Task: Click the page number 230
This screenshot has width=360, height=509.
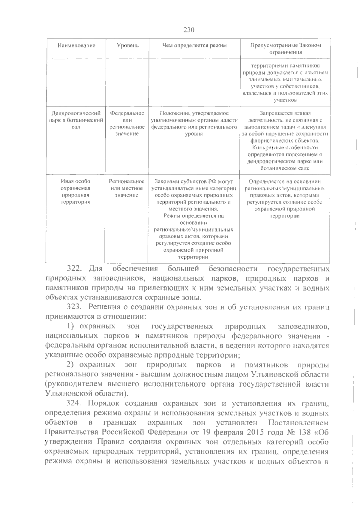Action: (x=189, y=30)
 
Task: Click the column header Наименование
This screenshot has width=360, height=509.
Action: (x=76, y=46)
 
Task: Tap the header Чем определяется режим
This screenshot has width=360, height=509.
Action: (x=194, y=46)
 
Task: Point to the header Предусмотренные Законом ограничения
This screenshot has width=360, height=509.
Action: (x=285, y=49)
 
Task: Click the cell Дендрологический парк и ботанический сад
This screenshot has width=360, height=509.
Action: (x=76, y=120)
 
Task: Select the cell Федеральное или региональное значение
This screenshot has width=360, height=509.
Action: (x=127, y=123)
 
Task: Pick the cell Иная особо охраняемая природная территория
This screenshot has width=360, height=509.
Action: (x=75, y=191)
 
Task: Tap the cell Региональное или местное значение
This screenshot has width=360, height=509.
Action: (x=127, y=188)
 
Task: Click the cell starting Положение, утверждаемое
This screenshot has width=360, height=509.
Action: (x=194, y=123)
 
